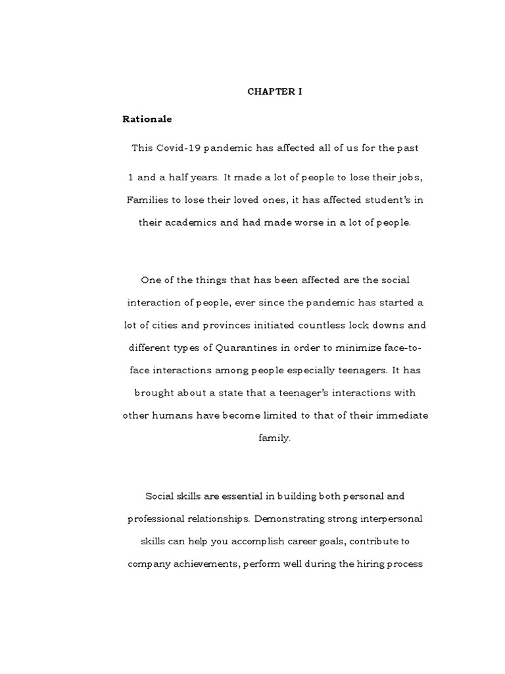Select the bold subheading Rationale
pyautogui.click(x=147, y=119)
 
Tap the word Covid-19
pyautogui.click(x=176, y=148)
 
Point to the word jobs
pyautogui.click(x=395, y=177)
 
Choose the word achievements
pyautogui.click(x=204, y=563)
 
